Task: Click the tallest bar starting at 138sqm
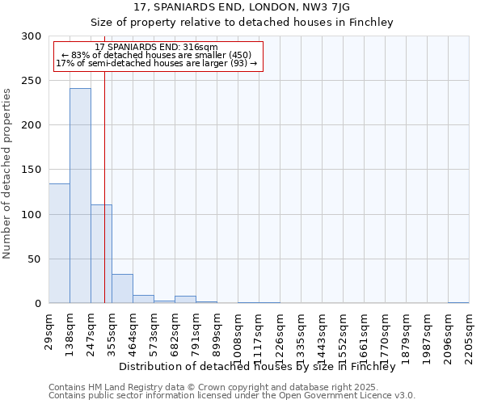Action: click(x=80, y=196)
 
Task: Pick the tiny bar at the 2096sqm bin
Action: click(x=458, y=302)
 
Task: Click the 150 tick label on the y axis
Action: click(x=32, y=170)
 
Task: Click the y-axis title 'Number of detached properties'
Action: click(x=7, y=174)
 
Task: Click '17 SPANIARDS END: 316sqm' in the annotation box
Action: click(x=156, y=48)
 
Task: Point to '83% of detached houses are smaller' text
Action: click(x=157, y=55)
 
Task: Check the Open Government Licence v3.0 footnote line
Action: click(x=231, y=395)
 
